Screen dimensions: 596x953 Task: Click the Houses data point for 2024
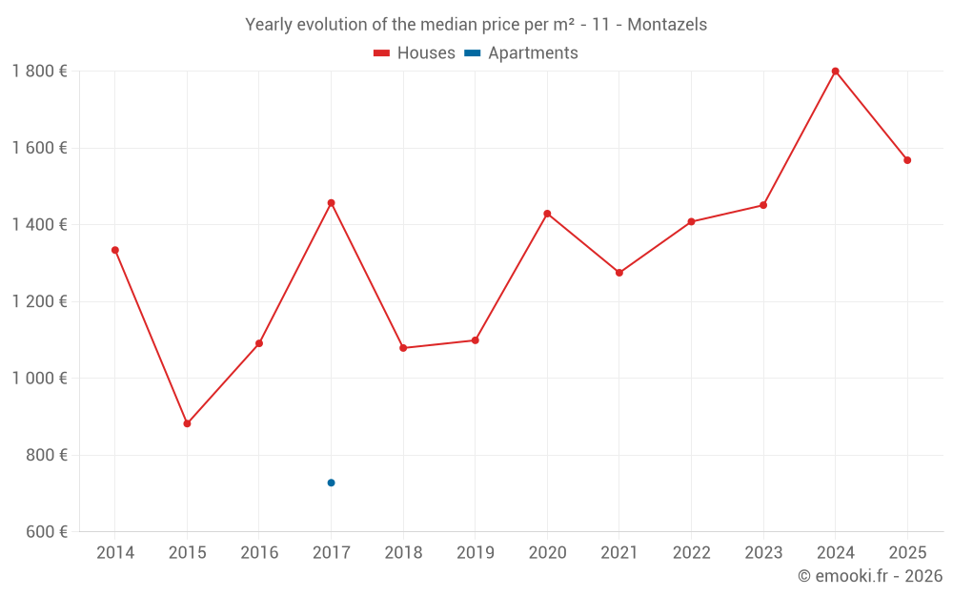tap(835, 72)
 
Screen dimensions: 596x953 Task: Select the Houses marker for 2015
tap(187, 423)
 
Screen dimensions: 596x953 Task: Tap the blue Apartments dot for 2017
tap(331, 483)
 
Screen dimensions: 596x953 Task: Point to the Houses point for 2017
tap(331, 203)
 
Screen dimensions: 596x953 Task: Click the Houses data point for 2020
tap(547, 214)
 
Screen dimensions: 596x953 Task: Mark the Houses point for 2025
tap(907, 160)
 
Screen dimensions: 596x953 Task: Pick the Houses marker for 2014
tap(115, 250)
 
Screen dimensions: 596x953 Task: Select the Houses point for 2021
tap(619, 273)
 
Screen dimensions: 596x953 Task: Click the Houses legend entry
tap(415, 53)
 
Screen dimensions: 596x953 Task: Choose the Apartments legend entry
tap(522, 53)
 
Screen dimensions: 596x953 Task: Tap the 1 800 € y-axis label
tap(39, 72)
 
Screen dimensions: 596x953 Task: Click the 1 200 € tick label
tap(39, 301)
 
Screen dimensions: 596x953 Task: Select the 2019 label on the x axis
tap(475, 553)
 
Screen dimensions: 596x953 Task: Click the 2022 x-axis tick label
tap(691, 553)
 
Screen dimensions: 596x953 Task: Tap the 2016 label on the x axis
tap(259, 553)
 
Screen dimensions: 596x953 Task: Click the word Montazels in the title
tap(667, 25)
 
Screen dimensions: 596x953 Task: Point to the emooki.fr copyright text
tap(870, 576)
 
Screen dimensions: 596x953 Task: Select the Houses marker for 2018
tap(403, 348)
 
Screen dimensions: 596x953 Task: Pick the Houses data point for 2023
tap(763, 205)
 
